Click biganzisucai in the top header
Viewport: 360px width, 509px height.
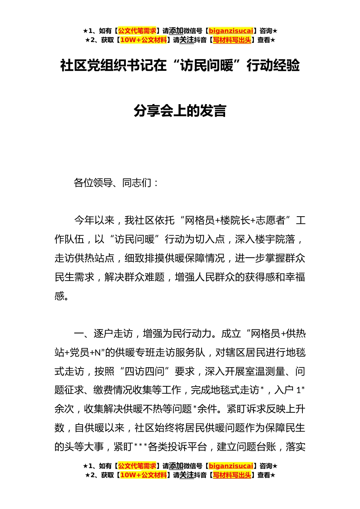(x=231, y=31)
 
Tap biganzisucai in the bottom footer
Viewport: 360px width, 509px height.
(x=231, y=466)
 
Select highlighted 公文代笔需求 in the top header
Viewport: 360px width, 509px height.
(x=137, y=31)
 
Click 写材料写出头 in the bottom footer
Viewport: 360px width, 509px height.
(x=232, y=475)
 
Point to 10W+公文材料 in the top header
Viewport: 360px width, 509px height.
(x=143, y=40)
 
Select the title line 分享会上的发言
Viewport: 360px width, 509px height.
(x=180, y=111)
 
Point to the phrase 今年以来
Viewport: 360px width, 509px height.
(x=94, y=220)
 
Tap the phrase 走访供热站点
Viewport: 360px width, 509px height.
(x=85, y=258)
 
